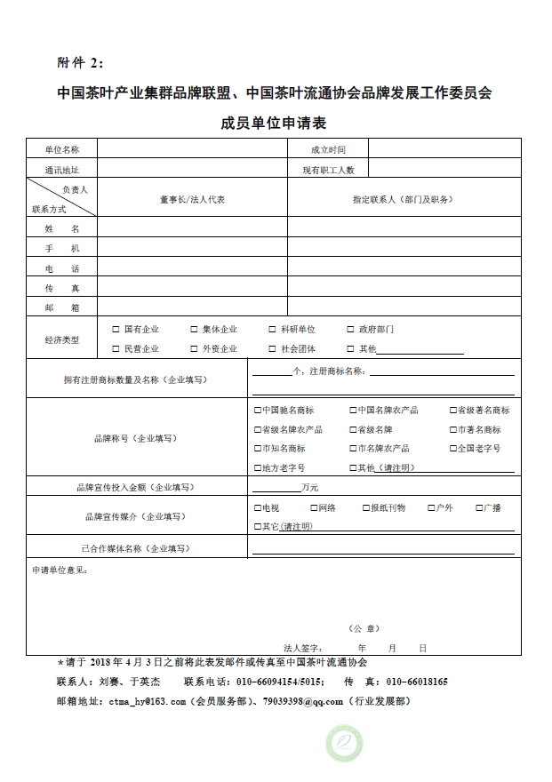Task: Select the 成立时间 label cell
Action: pyautogui.click(x=327, y=150)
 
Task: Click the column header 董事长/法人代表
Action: pyautogui.click(x=192, y=200)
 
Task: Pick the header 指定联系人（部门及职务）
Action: pyautogui.click(x=403, y=200)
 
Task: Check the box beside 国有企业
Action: pyautogui.click(x=116, y=330)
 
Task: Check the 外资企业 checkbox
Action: pyautogui.click(x=194, y=349)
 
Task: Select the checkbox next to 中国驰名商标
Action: pyautogui.click(x=258, y=411)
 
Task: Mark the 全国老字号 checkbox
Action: pyautogui.click(x=452, y=449)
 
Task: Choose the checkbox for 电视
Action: pyautogui.click(x=258, y=507)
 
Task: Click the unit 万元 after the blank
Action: pyautogui.click(x=309, y=487)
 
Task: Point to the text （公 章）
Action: pyautogui.click(x=364, y=627)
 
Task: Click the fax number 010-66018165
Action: pyautogui.click(x=416, y=682)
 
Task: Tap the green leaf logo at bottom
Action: pyautogui.click(x=345, y=743)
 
